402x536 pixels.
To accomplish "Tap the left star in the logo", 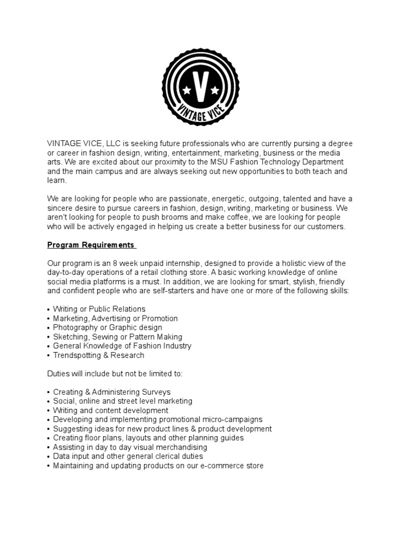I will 187,91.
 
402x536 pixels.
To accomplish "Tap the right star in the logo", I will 215,91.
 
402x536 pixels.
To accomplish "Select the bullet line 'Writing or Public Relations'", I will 99,309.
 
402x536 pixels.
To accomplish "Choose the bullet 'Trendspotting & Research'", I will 98,355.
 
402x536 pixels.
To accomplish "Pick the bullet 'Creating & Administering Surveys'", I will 111,392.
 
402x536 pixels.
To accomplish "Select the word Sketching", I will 70,337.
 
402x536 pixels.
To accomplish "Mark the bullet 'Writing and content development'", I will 110,410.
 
